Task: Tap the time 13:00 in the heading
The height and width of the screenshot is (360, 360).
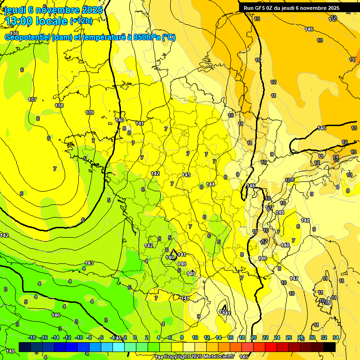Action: tap(19, 21)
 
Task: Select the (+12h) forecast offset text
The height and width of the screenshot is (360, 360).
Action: tap(81, 22)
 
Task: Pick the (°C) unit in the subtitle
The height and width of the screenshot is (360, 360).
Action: tap(169, 37)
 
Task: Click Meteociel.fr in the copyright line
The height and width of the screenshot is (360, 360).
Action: tap(218, 357)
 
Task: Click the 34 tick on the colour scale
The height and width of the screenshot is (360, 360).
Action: tap(336, 337)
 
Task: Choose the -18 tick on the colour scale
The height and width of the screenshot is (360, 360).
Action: tap(32, 337)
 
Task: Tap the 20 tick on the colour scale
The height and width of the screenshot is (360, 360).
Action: tap(254, 337)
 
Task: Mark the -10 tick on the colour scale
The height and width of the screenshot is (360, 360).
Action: tap(79, 337)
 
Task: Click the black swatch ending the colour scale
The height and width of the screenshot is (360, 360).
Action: tap(330, 347)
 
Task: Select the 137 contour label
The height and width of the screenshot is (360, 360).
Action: tap(32, 99)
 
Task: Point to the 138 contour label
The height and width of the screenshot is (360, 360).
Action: tap(59, 105)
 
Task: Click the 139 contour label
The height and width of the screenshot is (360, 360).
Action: tap(90, 112)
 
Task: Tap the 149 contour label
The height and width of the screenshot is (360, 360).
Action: tap(10, 351)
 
